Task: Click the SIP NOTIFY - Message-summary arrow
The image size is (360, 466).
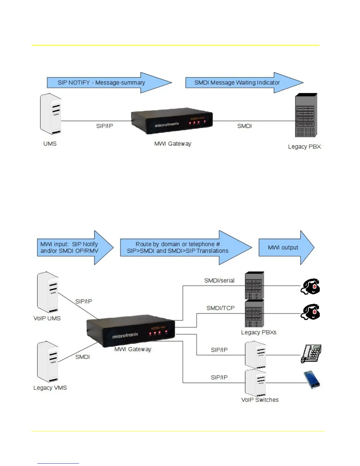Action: pyautogui.click(x=101, y=83)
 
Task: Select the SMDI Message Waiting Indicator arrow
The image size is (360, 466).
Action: pyautogui.click(x=237, y=83)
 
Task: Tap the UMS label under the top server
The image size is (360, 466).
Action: pyautogui.click(x=50, y=144)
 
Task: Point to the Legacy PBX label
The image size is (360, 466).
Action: pyautogui.click(x=304, y=147)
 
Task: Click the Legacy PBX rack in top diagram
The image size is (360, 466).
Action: pyautogui.click(x=306, y=115)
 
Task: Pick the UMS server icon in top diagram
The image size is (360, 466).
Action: pyautogui.click(x=51, y=114)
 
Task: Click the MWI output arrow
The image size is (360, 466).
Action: pyautogui.click(x=283, y=248)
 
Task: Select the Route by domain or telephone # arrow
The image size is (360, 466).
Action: pyautogui.click(x=178, y=248)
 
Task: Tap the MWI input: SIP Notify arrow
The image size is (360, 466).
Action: pyautogui.click(x=69, y=248)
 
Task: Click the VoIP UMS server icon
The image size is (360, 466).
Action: pyautogui.click(x=48, y=292)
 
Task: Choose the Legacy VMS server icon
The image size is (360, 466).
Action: pyautogui.click(x=48, y=362)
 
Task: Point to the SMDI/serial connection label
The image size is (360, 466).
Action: pyautogui.click(x=219, y=281)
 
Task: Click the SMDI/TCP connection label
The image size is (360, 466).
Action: pyautogui.click(x=221, y=308)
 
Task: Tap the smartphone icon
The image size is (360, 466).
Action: pyautogui.click(x=312, y=380)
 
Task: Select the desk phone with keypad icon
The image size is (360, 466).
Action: pyautogui.click(x=311, y=354)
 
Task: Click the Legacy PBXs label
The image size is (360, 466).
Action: pyautogui.click(x=259, y=332)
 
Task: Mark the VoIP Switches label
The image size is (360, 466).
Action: pyautogui.click(x=260, y=400)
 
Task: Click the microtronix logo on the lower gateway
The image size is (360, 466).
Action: pyautogui.click(x=125, y=335)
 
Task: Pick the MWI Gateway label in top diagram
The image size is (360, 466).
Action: pyautogui.click(x=173, y=144)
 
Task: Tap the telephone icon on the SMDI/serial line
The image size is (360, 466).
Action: pyautogui.click(x=310, y=286)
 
